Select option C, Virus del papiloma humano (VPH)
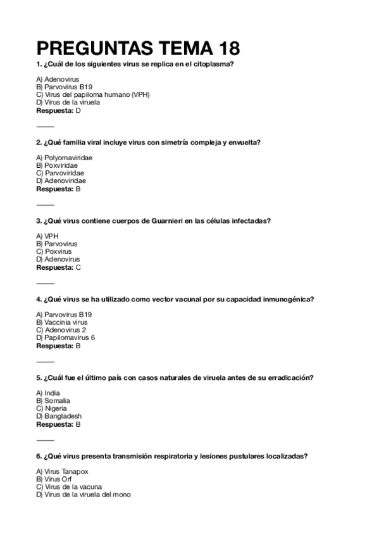(x=92, y=94)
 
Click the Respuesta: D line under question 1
(x=58, y=110)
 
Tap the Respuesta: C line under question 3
(x=58, y=267)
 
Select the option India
(x=48, y=393)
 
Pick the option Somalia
(x=53, y=401)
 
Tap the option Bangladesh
(x=59, y=416)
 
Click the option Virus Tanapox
(x=62, y=471)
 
